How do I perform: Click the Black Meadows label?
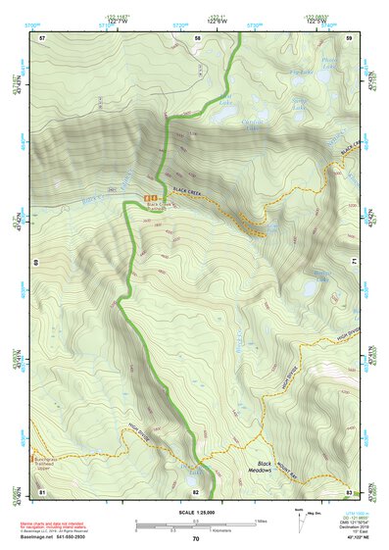(263, 468)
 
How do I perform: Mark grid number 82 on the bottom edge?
(197, 490)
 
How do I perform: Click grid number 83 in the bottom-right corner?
(350, 490)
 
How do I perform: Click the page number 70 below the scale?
(195, 539)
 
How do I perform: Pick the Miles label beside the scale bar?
(261, 520)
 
